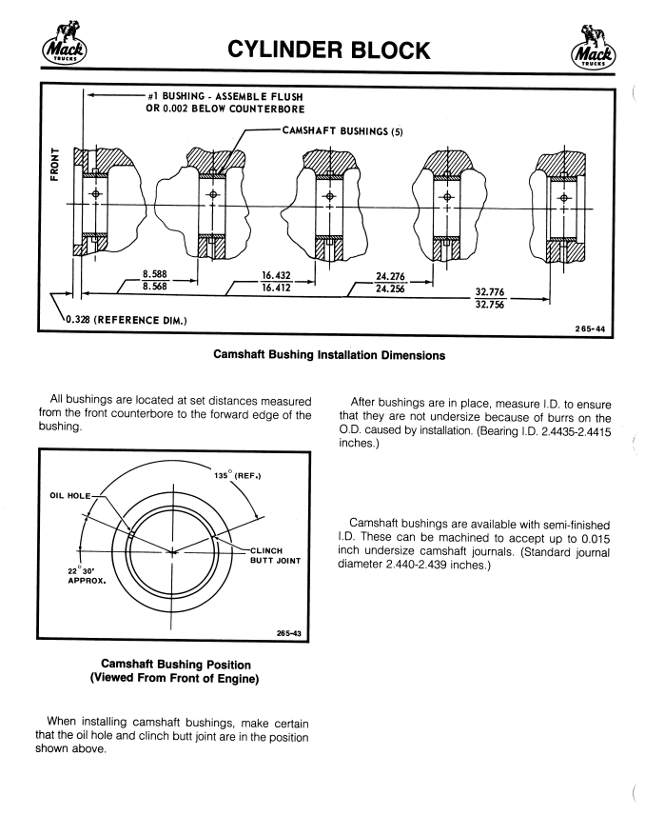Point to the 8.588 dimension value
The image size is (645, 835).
click(x=156, y=272)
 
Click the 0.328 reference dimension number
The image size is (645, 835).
click(x=75, y=318)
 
